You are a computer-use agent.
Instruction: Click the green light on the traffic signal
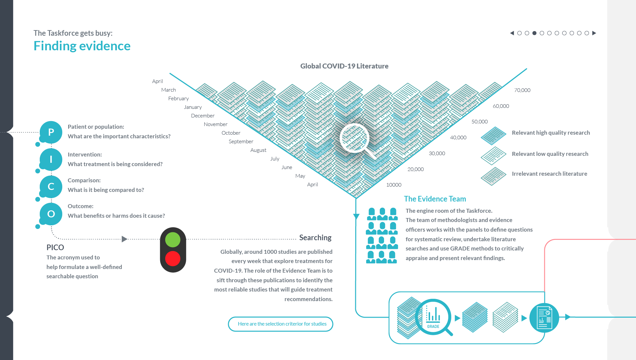(x=172, y=240)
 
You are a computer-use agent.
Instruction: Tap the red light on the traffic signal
(x=172, y=258)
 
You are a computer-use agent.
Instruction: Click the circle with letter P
(x=51, y=132)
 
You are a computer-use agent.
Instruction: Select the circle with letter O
(x=51, y=214)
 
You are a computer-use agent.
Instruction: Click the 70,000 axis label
(x=522, y=90)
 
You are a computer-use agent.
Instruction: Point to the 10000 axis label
(x=394, y=185)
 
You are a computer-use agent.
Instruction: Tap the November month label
(x=216, y=124)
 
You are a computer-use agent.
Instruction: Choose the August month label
(x=258, y=150)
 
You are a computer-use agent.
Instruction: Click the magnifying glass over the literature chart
(x=355, y=138)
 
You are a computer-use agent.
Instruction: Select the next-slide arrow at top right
(x=594, y=33)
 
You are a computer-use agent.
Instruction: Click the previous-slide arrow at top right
(x=512, y=33)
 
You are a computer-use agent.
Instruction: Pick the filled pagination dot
(x=534, y=33)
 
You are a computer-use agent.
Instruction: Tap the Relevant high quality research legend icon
(x=493, y=136)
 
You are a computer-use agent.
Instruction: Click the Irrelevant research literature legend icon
(x=493, y=176)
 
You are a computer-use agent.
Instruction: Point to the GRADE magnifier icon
(x=433, y=317)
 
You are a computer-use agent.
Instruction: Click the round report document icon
(x=544, y=318)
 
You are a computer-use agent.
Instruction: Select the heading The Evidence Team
(x=435, y=199)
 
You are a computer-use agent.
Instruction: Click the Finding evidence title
(x=82, y=46)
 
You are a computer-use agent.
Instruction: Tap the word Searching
(x=315, y=238)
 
